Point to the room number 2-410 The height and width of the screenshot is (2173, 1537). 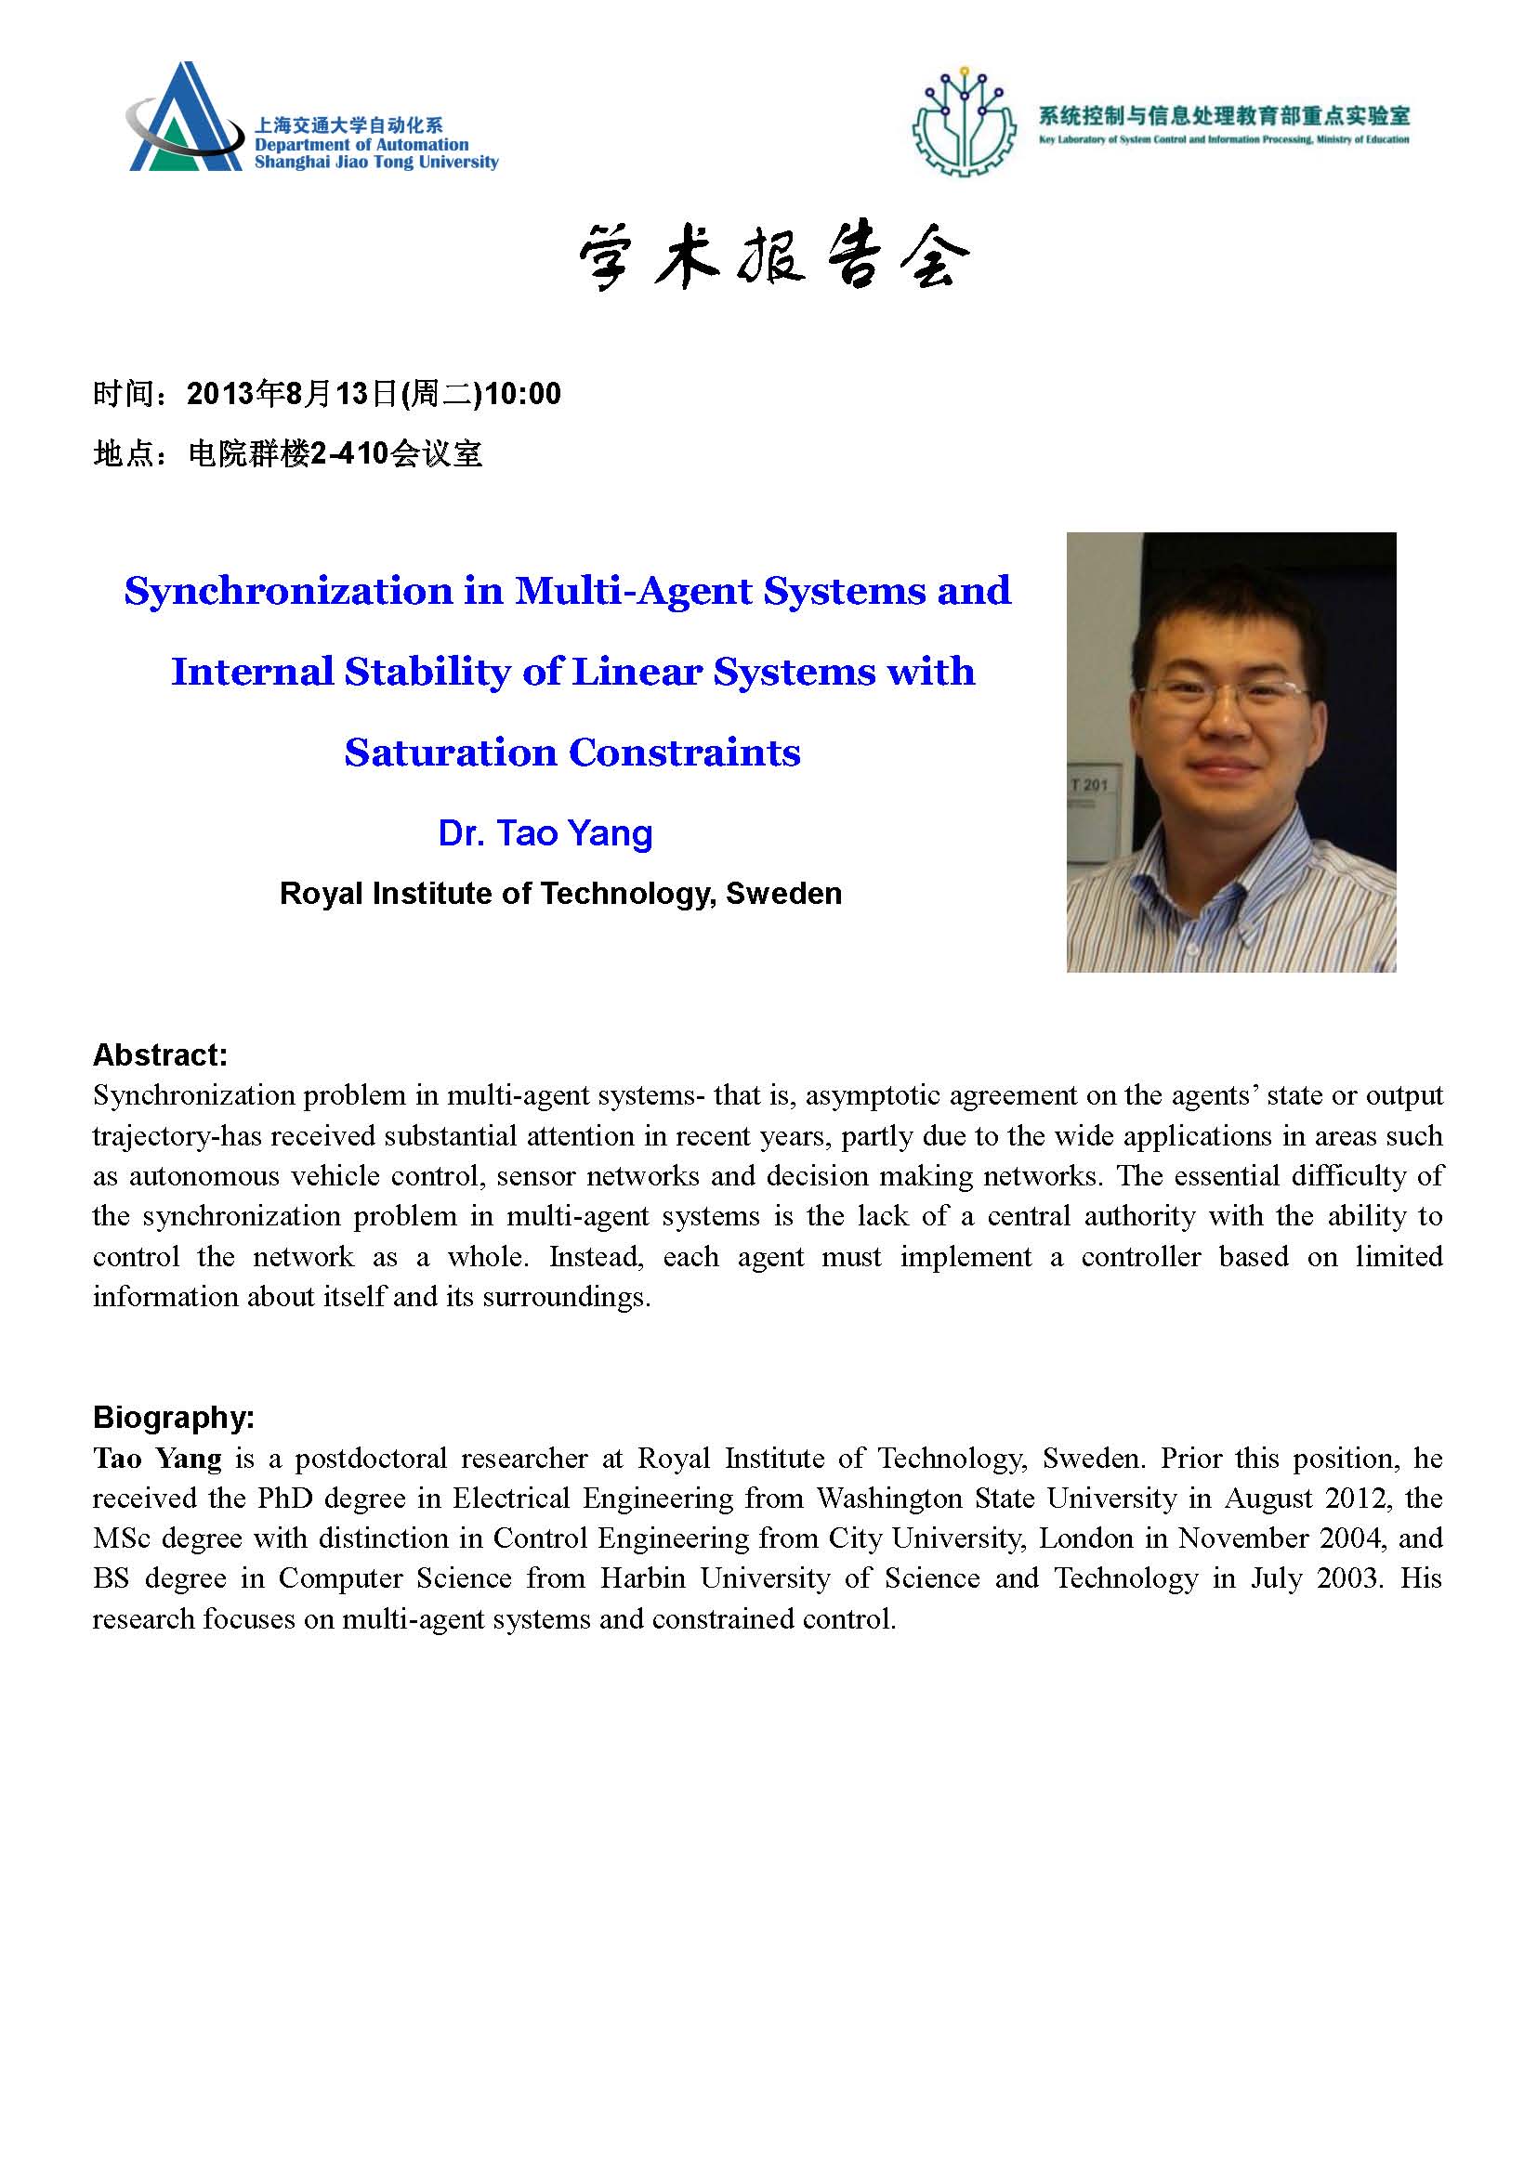(x=349, y=454)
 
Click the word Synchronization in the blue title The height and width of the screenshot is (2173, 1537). (x=289, y=591)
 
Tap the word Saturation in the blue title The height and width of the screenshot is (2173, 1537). (x=450, y=753)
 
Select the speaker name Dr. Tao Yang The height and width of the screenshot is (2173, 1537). (x=545, y=832)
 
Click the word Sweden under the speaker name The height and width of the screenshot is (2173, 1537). (x=783, y=894)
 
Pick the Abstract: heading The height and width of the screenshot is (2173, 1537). (x=160, y=1054)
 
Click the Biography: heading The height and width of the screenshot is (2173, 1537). (x=173, y=1417)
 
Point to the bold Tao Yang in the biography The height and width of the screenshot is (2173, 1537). (x=157, y=1459)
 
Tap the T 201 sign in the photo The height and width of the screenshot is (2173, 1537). (x=1088, y=785)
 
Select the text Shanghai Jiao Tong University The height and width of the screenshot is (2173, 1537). (x=375, y=162)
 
